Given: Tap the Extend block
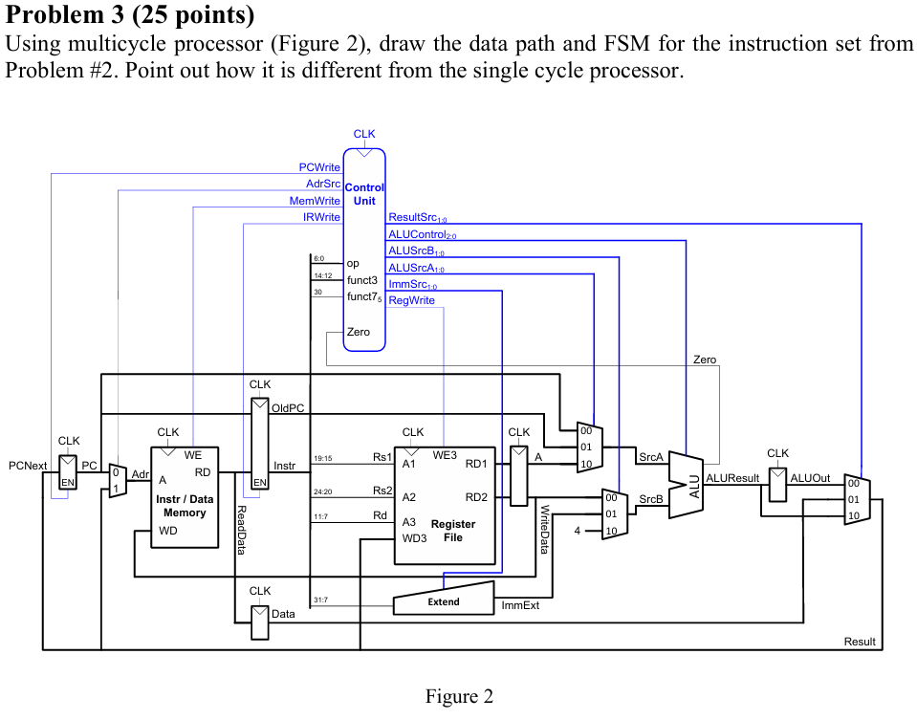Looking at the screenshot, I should pyautogui.click(x=444, y=600).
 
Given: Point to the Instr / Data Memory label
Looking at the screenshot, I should pyautogui.click(x=185, y=506).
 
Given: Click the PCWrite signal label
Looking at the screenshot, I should pyautogui.click(x=319, y=167).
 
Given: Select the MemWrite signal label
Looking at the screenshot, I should pyautogui.click(x=315, y=201).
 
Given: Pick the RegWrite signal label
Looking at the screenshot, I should pyautogui.click(x=411, y=300).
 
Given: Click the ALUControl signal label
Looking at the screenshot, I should pyautogui.click(x=423, y=235).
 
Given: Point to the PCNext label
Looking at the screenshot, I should pyautogui.click(x=28, y=466).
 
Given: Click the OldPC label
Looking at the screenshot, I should pyautogui.click(x=287, y=408).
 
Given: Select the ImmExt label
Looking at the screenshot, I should pyautogui.click(x=520, y=605).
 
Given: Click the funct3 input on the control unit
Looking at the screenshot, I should pyautogui.click(x=362, y=280).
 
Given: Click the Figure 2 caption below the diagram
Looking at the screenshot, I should pyautogui.click(x=459, y=697).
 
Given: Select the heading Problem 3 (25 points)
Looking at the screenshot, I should pyautogui.click(x=130, y=15).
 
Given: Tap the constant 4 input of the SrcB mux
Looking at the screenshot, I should pyautogui.click(x=579, y=530).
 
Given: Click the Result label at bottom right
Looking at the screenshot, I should pyautogui.click(x=859, y=642).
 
